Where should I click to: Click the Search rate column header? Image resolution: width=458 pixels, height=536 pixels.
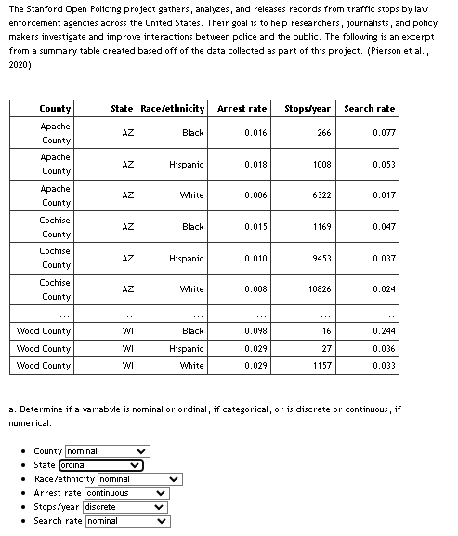pos(369,109)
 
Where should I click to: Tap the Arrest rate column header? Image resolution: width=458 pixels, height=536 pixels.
pos(242,109)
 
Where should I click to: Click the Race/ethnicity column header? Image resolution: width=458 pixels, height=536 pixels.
pos(173,109)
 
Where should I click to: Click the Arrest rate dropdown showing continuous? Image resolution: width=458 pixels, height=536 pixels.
pos(126,493)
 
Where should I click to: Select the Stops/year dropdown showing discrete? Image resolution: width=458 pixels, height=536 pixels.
pos(126,507)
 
